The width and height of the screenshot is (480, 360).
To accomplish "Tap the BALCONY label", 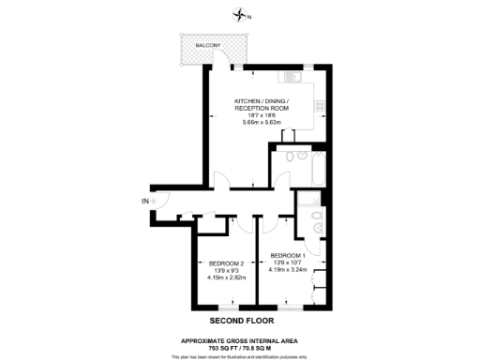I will click(208, 46).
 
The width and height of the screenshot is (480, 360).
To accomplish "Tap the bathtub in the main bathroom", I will click(314, 168).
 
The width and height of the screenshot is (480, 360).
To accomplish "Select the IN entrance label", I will click(145, 201).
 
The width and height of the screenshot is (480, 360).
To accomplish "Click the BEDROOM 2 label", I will click(226, 262).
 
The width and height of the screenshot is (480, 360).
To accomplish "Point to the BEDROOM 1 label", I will click(289, 256).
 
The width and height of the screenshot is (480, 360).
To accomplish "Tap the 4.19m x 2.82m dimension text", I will click(226, 277).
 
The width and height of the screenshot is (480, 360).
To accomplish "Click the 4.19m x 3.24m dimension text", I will click(289, 271).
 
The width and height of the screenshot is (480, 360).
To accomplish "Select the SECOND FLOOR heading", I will click(239, 320).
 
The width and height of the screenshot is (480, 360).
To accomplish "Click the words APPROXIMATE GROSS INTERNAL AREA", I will click(239, 339).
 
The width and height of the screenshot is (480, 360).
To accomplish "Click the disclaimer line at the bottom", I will click(239, 356).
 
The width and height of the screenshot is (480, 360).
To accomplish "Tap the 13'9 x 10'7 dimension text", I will click(289, 263).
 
